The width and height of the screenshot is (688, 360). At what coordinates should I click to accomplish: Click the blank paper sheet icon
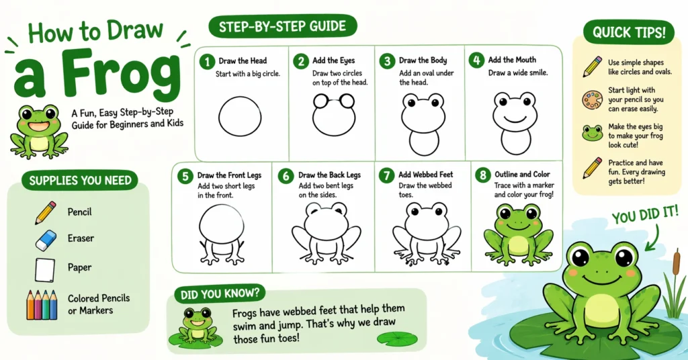44,269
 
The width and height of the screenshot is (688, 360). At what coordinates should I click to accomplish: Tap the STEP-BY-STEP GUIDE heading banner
277,27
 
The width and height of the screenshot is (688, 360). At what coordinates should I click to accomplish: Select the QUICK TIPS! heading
625,32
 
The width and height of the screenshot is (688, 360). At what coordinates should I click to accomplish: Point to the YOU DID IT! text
646,216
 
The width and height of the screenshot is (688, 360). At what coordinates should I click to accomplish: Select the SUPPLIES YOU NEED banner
80,180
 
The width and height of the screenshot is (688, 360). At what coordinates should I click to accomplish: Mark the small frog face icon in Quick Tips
592,132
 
